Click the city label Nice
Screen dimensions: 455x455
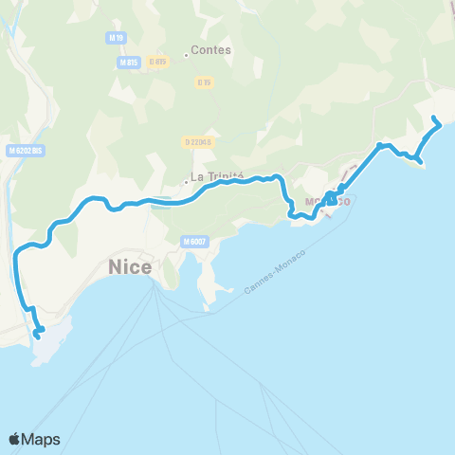click(x=131, y=267)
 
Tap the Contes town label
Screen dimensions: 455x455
click(x=211, y=51)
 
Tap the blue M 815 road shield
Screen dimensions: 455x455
click(x=129, y=62)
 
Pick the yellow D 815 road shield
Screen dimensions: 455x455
click(x=157, y=62)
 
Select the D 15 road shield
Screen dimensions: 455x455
click(x=204, y=82)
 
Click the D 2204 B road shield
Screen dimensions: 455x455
click(x=197, y=141)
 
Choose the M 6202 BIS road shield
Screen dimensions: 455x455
click(x=26, y=150)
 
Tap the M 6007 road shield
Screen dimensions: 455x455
click(x=196, y=242)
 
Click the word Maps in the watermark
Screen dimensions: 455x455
click(x=43, y=439)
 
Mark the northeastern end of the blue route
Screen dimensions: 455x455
click(x=434, y=118)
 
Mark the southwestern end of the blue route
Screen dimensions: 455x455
click(x=38, y=335)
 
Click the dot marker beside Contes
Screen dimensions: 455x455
click(x=186, y=53)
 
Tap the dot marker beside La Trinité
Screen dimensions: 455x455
click(x=186, y=179)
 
